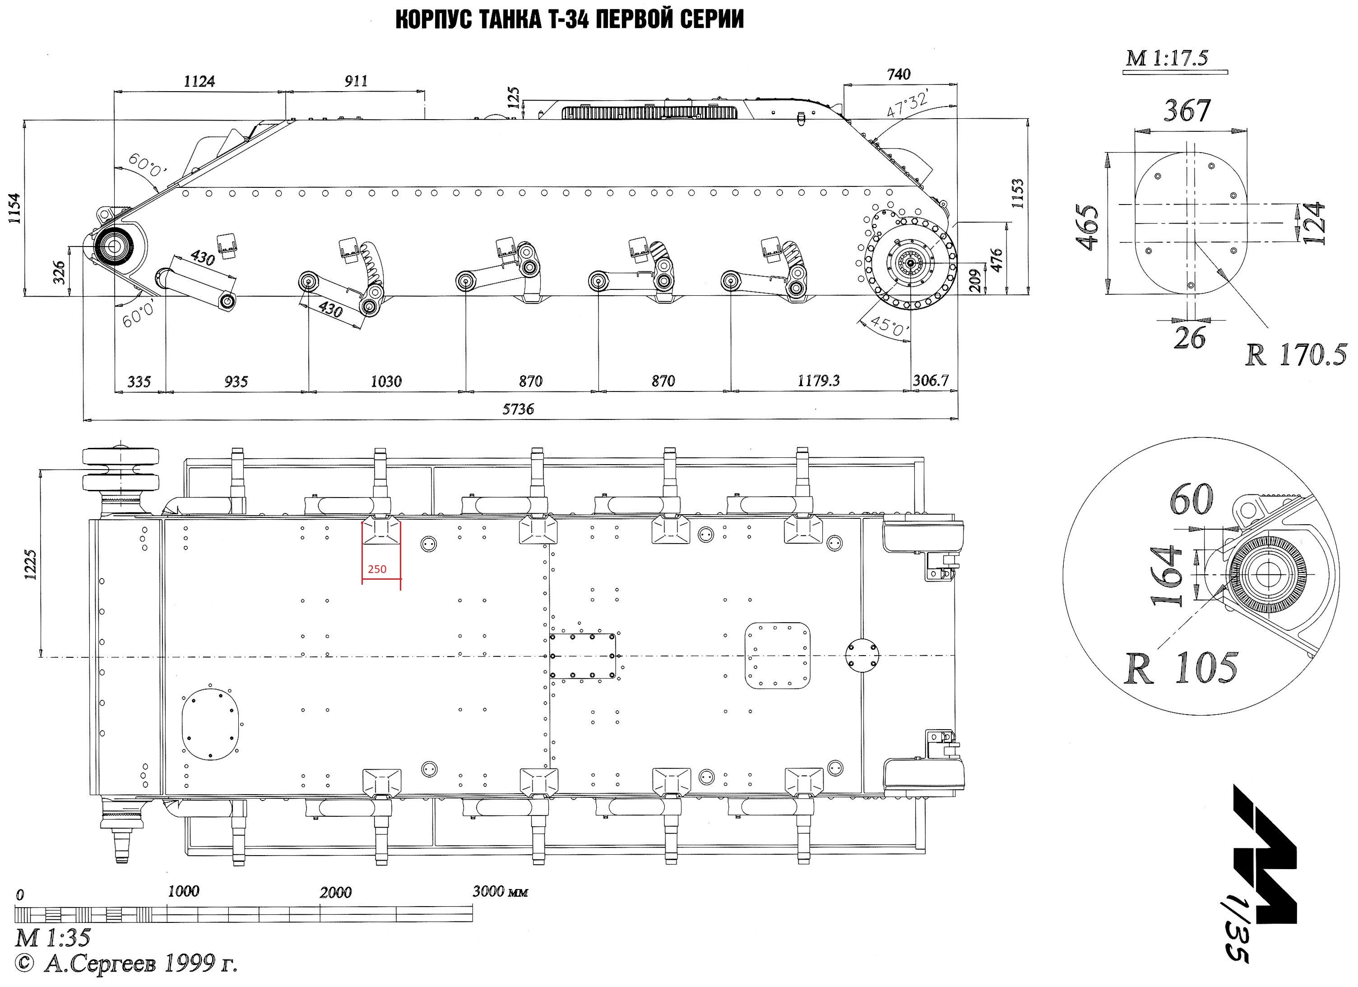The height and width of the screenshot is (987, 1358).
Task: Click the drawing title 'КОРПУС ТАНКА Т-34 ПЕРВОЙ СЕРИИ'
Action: tap(570, 20)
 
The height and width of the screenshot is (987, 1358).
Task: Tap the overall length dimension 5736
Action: tap(518, 409)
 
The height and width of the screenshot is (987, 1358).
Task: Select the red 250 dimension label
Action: tap(377, 569)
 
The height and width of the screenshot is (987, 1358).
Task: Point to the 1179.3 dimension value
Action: tap(819, 381)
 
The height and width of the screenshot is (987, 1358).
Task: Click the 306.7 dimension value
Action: tap(931, 381)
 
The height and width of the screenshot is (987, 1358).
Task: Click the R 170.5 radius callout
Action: tap(1295, 355)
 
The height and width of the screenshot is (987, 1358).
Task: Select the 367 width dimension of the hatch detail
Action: tap(1187, 111)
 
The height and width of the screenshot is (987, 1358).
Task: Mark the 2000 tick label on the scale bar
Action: tap(335, 892)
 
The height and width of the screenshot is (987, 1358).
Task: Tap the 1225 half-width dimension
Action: tap(31, 564)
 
